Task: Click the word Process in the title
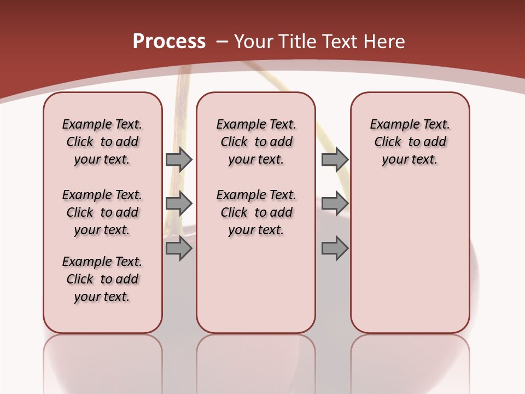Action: (x=169, y=42)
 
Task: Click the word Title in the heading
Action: (x=298, y=42)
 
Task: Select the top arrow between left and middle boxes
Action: (x=179, y=159)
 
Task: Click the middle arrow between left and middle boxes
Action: (x=179, y=204)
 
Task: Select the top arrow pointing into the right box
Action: (x=335, y=159)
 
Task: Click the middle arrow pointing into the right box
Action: (x=335, y=204)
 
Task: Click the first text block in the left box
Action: (x=102, y=142)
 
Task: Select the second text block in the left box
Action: (x=102, y=212)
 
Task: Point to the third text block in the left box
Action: (x=102, y=279)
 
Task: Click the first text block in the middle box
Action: (x=256, y=142)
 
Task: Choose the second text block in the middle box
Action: (x=256, y=212)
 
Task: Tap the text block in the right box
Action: (x=410, y=142)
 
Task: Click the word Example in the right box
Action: (x=390, y=125)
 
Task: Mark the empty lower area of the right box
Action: (x=410, y=257)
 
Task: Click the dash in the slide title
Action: (x=221, y=42)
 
